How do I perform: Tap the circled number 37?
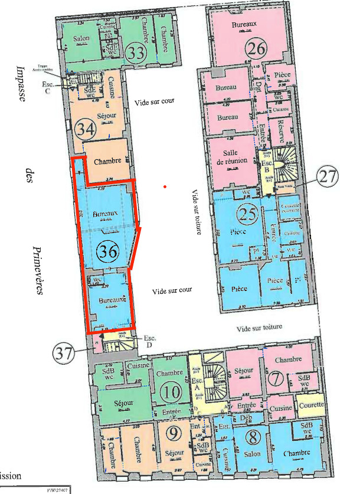[x=64, y=354]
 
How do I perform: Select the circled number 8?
[x=172, y=392]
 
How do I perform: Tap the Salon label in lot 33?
[x=81, y=38]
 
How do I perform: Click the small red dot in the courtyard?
[x=166, y=188]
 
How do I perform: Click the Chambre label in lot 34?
[x=108, y=160]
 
